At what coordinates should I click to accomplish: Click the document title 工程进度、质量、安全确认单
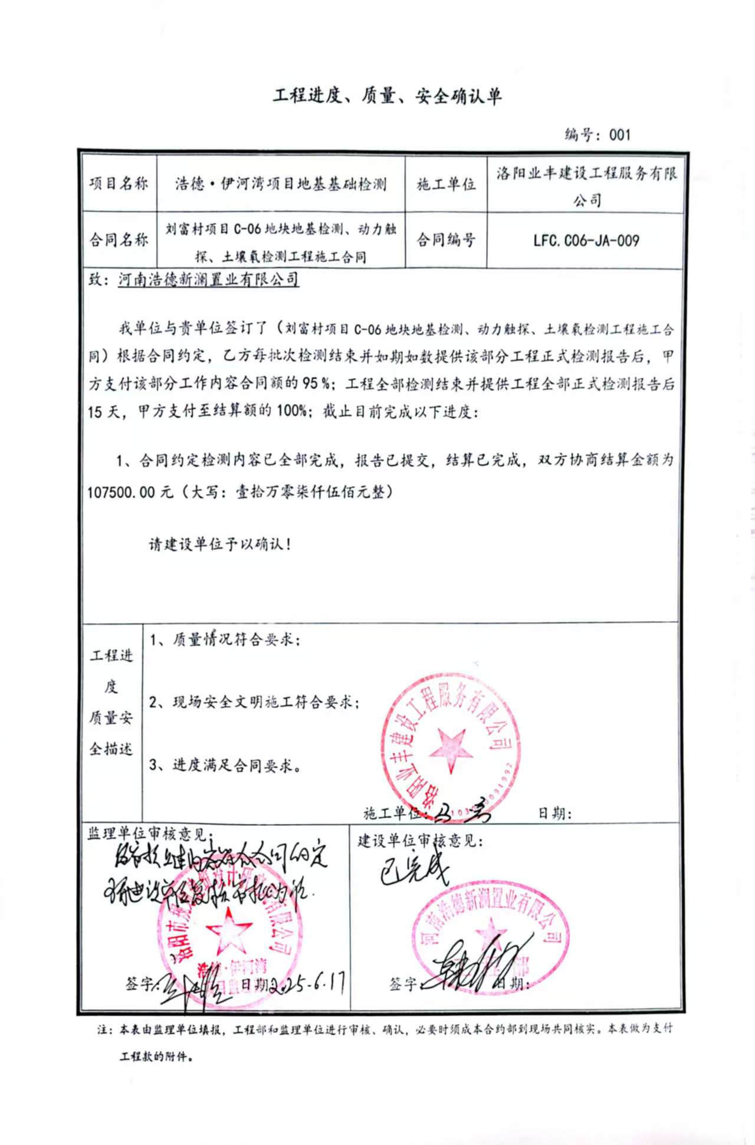(387, 96)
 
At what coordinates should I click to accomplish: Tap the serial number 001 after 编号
(620, 135)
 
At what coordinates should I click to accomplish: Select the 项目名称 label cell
(119, 183)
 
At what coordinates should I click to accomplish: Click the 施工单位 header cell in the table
(446, 184)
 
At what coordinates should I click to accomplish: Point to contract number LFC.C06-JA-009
(586, 241)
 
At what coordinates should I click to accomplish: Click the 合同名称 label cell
(119, 240)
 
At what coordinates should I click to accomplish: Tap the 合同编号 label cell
(446, 240)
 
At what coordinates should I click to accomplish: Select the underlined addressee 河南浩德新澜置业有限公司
(208, 280)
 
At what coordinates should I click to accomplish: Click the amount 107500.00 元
(130, 492)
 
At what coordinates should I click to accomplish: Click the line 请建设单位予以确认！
(220, 544)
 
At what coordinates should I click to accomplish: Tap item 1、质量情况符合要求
(225, 640)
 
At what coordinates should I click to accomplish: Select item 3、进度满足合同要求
(225, 766)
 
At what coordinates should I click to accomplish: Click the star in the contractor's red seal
(451, 750)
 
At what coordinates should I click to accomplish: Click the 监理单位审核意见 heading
(147, 834)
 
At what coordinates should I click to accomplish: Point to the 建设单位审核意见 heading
(420, 841)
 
